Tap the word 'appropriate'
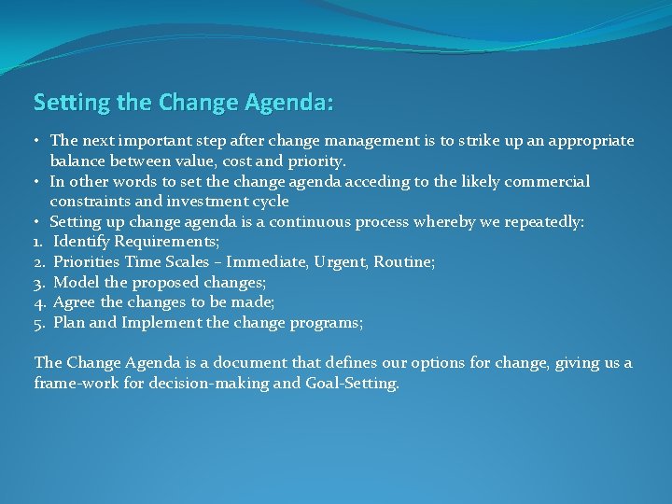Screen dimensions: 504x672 click(x=591, y=141)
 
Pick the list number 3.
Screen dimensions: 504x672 click(x=40, y=283)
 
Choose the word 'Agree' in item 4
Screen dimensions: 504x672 click(x=75, y=302)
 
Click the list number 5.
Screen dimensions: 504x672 click(x=40, y=323)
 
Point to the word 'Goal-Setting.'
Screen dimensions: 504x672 click(x=355, y=384)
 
